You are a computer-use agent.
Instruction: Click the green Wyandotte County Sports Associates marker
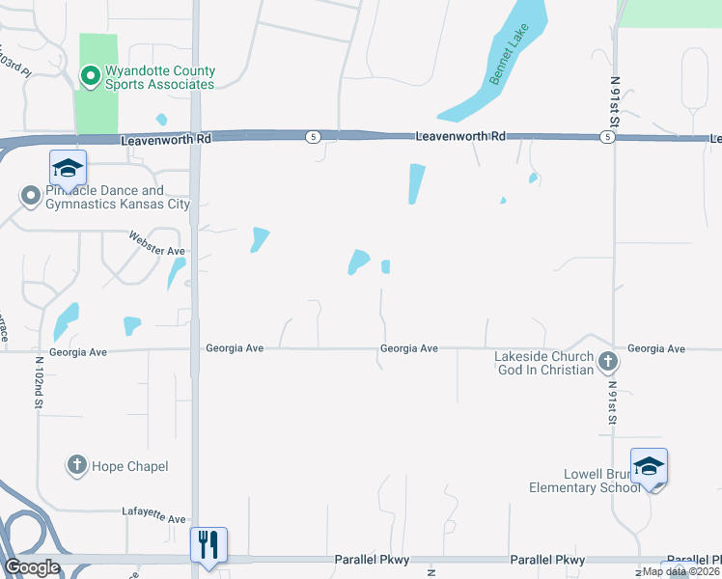[90, 75]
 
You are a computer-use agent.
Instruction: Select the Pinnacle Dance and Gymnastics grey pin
[30, 197]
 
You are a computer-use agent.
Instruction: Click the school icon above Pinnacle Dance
[68, 169]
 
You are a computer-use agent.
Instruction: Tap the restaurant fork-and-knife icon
[208, 545]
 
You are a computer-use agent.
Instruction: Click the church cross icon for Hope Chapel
[77, 466]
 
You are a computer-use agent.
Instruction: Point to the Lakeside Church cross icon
[607, 363]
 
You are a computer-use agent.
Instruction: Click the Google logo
[32, 567]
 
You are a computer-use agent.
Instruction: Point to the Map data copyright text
[680, 571]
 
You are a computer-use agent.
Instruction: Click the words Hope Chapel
[130, 467]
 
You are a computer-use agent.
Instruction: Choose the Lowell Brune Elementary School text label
[585, 481]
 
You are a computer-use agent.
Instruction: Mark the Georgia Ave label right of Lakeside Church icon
[655, 348]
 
